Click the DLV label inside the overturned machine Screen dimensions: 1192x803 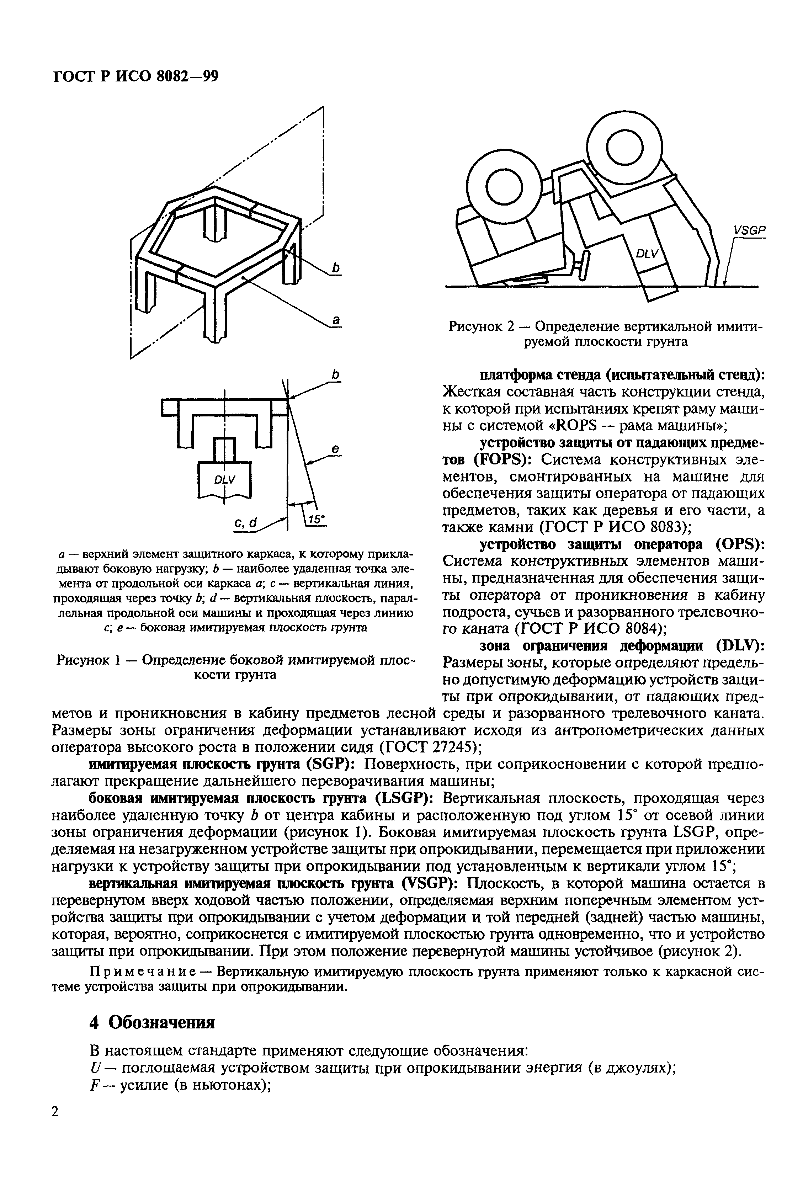pos(646,254)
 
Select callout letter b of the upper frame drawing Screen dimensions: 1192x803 pos(336,267)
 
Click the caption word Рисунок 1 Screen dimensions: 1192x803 pos(87,660)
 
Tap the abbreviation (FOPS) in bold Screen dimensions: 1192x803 pos(498,459)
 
